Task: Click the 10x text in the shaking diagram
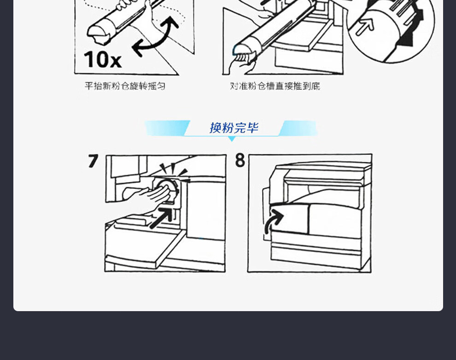coord(102,59)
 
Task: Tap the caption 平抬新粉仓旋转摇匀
coord(125,86)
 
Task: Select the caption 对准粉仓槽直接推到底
coord(275,86)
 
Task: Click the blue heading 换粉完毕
coord(234,128)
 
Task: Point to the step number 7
coord(93,161)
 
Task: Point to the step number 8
coord(240,160)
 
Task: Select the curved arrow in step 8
coord(273,221)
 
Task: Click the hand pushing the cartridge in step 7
coord(146,195)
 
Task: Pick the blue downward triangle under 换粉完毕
coord(232,139)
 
